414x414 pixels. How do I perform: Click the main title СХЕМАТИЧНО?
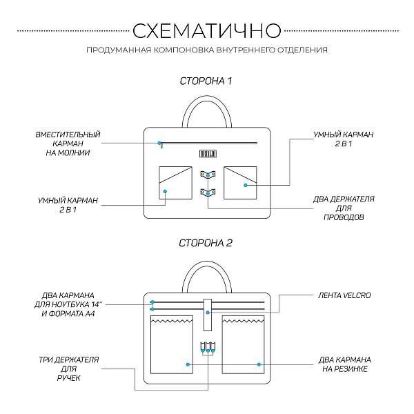click(207, 30)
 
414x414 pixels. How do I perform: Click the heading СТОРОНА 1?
click(206, 81)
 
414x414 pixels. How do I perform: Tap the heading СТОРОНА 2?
click(206, 243)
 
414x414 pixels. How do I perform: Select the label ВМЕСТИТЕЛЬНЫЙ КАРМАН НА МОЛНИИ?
click(68, 143)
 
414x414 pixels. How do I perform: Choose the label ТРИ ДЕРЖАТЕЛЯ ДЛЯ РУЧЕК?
click(68, 369)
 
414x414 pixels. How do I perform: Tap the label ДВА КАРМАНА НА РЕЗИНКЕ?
click(345, 364)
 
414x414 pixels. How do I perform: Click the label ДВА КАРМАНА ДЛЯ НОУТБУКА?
click(68, 303)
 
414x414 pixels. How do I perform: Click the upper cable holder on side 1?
click(207, 175)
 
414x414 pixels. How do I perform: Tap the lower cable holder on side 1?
click(207, 191)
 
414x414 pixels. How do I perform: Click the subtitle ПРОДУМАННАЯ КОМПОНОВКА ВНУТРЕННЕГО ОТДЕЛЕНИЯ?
click(207, 50)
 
